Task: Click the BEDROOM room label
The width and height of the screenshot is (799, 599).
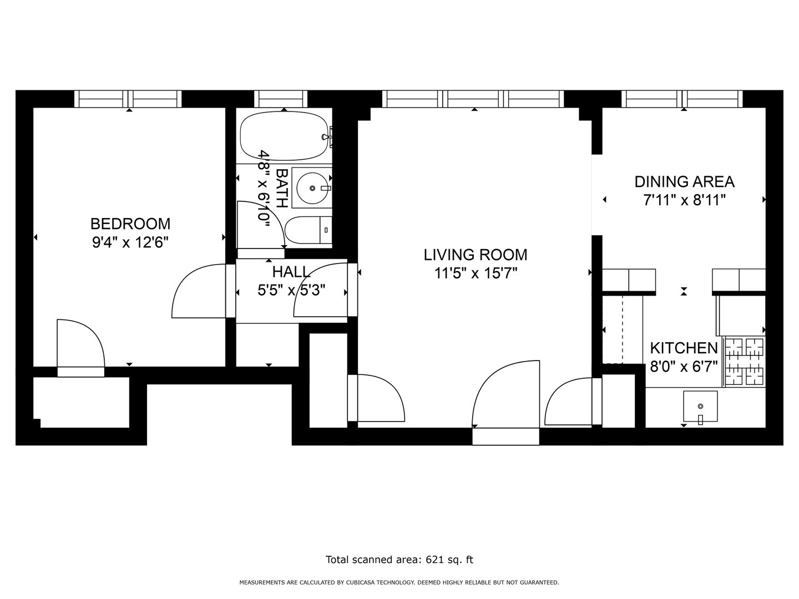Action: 130,224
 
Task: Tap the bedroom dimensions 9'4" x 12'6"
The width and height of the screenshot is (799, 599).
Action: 130,242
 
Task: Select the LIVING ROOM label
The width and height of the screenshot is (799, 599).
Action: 476,255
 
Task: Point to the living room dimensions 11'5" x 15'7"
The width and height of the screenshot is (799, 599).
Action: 476,273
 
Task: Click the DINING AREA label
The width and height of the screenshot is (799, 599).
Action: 684,182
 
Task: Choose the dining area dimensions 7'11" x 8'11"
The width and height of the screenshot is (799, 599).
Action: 684,200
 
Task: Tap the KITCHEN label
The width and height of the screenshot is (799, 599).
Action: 684,348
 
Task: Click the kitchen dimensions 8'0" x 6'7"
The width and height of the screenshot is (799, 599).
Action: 684,366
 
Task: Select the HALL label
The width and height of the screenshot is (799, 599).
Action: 291,272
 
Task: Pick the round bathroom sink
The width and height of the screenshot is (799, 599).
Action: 312,188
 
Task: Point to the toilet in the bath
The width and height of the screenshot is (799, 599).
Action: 309,230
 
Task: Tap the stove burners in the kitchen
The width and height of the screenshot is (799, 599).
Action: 744,361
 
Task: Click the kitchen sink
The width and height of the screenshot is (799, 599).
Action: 700,406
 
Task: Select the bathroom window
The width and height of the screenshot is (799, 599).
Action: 281,99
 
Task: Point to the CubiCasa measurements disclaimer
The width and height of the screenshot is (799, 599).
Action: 399,582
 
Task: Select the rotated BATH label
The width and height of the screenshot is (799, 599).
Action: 282,188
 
